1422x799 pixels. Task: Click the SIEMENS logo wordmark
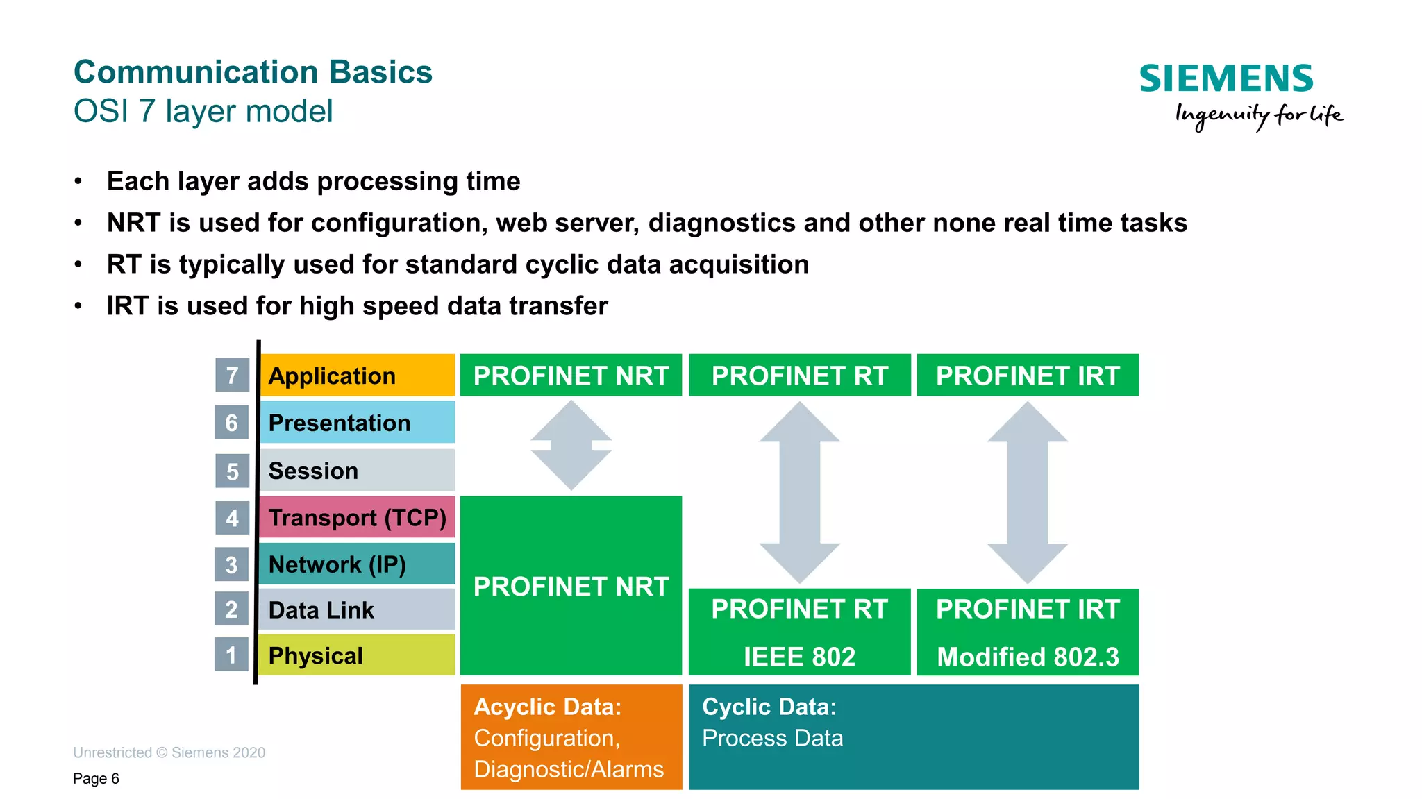coord(1226,78)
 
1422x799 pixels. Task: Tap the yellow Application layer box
coord(356,376)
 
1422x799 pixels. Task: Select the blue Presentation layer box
coord(356,422)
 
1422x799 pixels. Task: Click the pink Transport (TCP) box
coord(356,517)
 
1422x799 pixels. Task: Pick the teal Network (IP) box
coord(356,564)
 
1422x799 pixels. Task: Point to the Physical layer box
coord(356,655)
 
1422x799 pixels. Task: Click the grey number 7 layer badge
coord(232,376)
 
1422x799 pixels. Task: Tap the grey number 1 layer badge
coord(231,655)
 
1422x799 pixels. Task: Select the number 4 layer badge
coord(232,518)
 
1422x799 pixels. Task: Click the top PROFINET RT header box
coord(799,376)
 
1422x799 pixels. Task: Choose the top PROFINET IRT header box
coord(1027,376)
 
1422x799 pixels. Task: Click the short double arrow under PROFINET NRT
coord(571,446)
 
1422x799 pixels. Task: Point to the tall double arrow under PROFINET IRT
coord(1027,492)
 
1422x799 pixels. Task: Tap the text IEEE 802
coord(799,657)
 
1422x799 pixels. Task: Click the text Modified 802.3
coord(1028,657)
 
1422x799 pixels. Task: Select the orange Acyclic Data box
coord(571,737)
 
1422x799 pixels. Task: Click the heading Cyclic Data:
coord(769,707)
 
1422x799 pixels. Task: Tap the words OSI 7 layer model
coord(203,111)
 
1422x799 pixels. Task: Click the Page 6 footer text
coord(96,778)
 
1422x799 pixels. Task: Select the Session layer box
coord(356,470)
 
